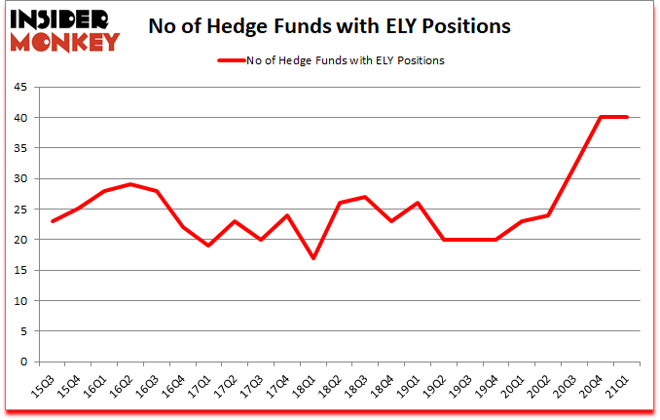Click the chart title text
point(329,26)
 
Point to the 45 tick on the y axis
point(19,87)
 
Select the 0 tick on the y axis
point(23,362)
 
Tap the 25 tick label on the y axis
point(19,209)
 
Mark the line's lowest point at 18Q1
point(312,258)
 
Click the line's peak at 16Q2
point(130,184)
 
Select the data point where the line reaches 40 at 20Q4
point(601,117)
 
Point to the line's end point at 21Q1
point(627,117)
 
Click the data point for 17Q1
point(209,246)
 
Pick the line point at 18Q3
point(365,197)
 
